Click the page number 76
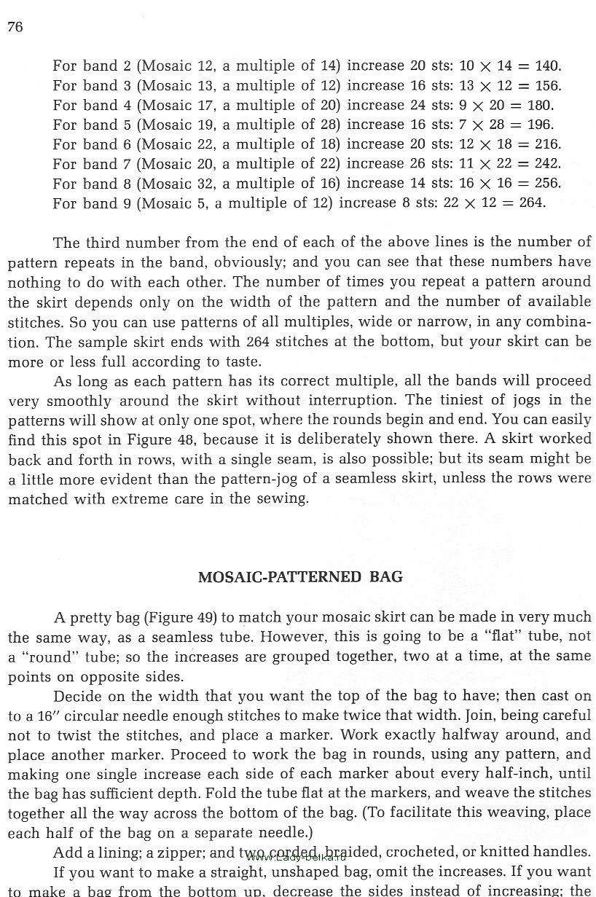tap(15, 28)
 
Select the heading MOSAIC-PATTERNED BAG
tap(300, 576)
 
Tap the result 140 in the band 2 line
tap(548, 66)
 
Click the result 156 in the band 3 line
tap(548, 85)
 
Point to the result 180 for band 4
tap(539, 105)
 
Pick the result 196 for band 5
tap(539, 125)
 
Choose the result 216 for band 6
tap(548, 144)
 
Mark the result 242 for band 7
tap(548, 164)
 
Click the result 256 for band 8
tap(548, 184)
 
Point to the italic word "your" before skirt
tap(486, 341)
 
